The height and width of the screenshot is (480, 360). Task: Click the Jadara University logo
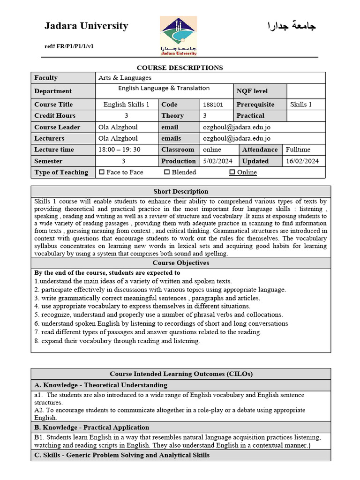[178, 36]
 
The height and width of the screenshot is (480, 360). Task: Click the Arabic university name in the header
[291, 26]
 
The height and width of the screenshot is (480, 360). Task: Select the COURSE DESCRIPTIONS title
[180, 68]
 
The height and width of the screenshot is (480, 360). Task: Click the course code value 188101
[213, 105]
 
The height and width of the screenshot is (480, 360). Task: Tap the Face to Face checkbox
[102, 172]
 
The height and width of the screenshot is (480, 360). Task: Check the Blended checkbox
[167, 172]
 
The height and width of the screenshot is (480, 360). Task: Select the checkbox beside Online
[232, 172]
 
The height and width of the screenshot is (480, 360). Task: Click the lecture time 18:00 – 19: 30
[119, 150]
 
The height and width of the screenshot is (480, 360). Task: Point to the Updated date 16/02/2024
[302, 161]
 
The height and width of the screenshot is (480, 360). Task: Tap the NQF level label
[252, 91]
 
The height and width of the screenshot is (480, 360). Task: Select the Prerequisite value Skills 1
[301, 105]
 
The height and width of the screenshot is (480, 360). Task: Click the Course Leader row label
[57, 127]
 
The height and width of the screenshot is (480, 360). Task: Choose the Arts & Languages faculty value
[125, 78]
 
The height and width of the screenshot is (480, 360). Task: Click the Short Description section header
[180, 191]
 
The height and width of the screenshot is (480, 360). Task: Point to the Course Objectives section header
[180, 263]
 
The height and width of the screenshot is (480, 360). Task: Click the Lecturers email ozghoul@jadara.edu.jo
[237, 138]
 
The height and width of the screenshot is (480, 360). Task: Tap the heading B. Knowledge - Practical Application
[92, 427]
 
